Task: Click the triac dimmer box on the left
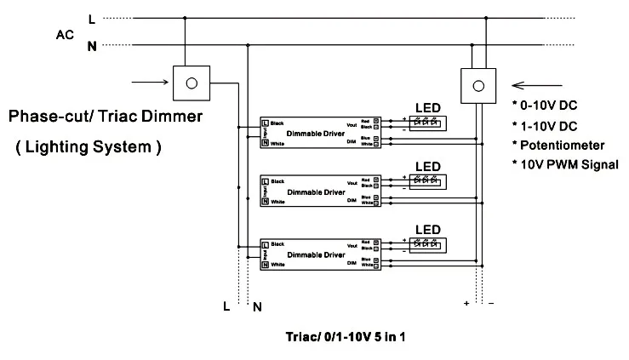click(192, 83)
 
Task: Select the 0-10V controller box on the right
click(477, 84)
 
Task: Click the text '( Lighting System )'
click(89, 146)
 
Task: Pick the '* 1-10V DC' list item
click(545, 124)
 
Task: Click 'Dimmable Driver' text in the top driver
click(317, 133)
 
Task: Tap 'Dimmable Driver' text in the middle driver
click(317, 192)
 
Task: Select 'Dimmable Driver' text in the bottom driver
click(317, 254)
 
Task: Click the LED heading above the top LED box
click(426, 107)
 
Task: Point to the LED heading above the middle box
click(426, 166)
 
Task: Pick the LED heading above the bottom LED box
click(426, 229)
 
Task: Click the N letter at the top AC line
click(92, 46)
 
